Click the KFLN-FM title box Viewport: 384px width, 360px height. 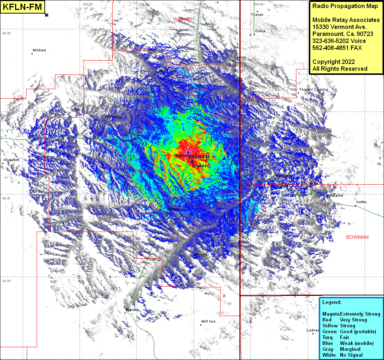pos(23,7)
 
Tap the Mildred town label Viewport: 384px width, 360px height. pos(39,50)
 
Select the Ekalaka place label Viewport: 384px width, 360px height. pos(132,310)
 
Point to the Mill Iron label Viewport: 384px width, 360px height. pos(208,321)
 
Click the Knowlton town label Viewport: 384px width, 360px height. pos(11,160)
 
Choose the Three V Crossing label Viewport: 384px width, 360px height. pos(313,90)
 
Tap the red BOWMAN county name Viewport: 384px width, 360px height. pos(357,237)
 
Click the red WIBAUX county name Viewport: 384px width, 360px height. pos(182,19)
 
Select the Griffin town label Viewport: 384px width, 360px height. pos(361,202)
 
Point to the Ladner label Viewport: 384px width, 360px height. pos(312,330)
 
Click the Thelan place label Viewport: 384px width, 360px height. pos(257,15)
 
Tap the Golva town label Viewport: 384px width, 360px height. pos(260,31)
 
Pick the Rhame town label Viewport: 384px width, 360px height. pos(336,196)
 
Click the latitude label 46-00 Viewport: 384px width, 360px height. pos(7,281)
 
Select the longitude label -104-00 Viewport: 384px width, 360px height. pos(259,4)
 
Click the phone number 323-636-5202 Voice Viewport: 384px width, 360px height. pos(339,41)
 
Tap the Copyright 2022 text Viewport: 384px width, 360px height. pos(333,62)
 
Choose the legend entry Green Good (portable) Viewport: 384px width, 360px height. pos(349,331)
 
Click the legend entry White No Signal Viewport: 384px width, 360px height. pos(342,355)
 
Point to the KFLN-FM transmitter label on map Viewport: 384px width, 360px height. pos(200,157)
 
